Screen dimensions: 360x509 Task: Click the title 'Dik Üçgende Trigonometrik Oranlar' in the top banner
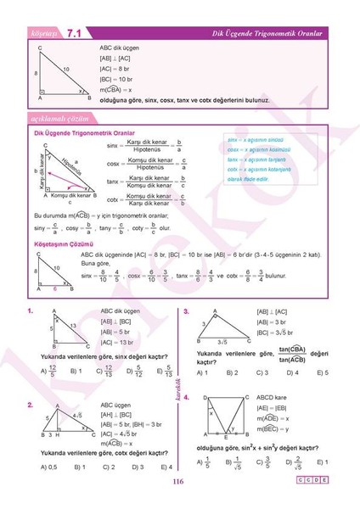267,33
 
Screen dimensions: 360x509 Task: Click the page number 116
177,483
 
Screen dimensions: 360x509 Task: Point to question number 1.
30,311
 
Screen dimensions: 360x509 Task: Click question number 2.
30,405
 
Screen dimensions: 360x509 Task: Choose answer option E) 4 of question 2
166,467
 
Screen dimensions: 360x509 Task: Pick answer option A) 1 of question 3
202,372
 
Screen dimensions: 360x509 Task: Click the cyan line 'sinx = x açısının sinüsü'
256,139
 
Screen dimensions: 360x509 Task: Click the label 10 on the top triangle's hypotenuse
65,69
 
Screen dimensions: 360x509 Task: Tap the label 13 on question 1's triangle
73,326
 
